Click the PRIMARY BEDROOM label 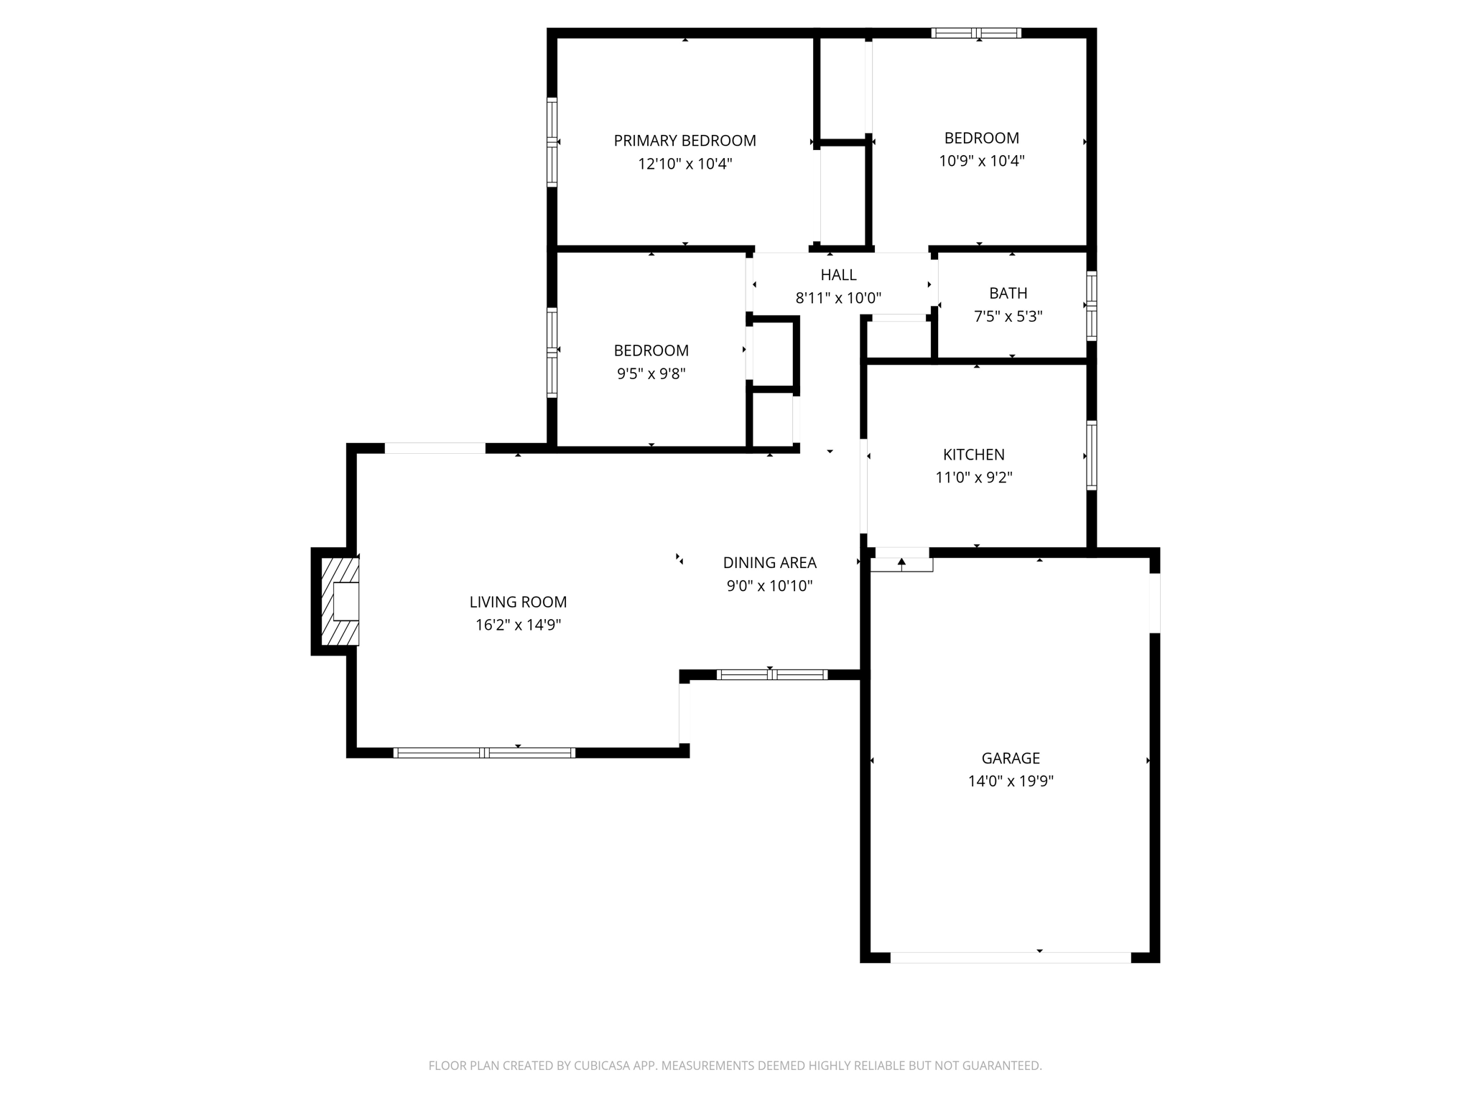[685, 141]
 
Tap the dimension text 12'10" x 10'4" [685, 164]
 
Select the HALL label [838, 274]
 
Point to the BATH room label [1008, 293]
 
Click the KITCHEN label [973, 455]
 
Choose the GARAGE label [1011, 758]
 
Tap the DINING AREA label [769, 562]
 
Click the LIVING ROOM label [518, 602]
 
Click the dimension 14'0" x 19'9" [1011, 781]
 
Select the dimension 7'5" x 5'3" [1008, 316]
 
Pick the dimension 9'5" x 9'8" [651, 373]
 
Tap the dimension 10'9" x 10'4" [981, 161]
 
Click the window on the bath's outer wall [1091, 305]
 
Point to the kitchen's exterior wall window [1091, 455]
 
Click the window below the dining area [772, 674]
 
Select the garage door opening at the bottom [1011, 957]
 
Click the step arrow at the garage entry [901, 563]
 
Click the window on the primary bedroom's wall [552, 142]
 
